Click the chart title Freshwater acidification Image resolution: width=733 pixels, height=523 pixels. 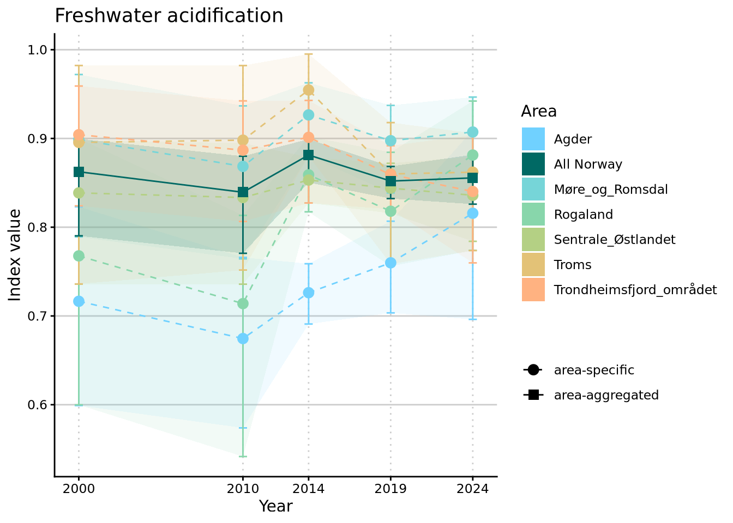pos(169,16)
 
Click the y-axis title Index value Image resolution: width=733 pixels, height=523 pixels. pos(15,254)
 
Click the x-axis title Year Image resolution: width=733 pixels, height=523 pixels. pos(275,506)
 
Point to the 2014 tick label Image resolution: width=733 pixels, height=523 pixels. pos(309,488)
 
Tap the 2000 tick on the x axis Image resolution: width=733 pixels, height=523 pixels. pos(79,488)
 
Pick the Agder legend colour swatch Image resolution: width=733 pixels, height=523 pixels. pos(533,139)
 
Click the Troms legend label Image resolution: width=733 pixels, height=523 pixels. pos(573,265)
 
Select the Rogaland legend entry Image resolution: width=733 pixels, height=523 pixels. pos(583,215)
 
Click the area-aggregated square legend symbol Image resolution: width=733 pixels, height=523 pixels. pos(533,395)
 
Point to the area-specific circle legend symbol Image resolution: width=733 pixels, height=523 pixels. pos(533,370)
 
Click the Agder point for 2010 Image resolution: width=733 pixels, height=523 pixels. pos(243,338)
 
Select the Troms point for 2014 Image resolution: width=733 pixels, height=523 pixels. pos(309,90)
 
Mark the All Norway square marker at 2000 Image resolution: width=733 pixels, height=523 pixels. pos(79,172)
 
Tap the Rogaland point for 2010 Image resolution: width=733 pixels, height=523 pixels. pos(243,303)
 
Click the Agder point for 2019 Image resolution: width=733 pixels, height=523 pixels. pos(390,263)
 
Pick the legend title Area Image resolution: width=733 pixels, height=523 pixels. pos(538,111)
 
